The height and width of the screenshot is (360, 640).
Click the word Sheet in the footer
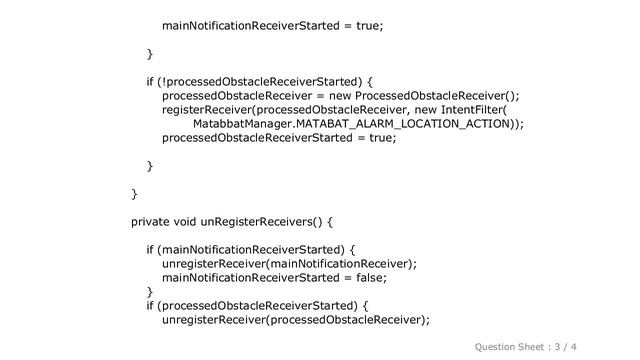coord(546,345)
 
